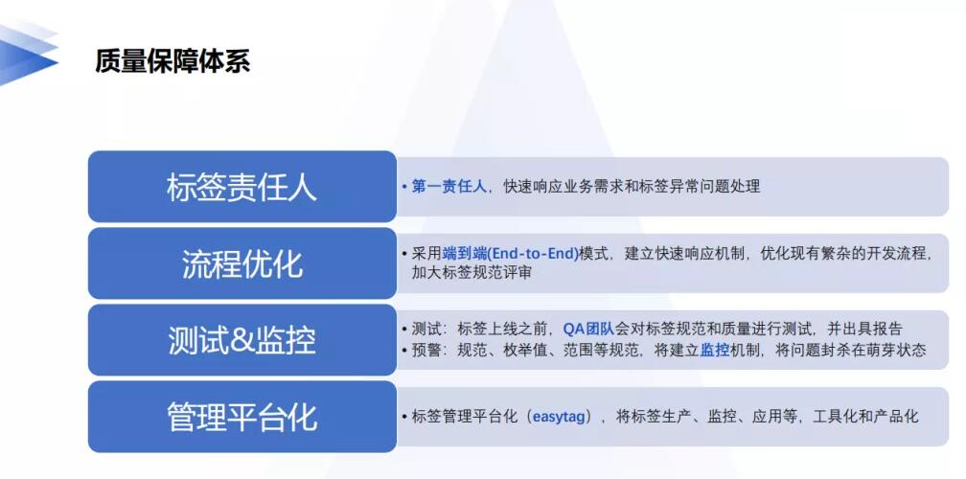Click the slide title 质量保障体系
pos(172,62)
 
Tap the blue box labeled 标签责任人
pos(242,187)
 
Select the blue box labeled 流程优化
pos(242,263)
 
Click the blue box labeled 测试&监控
pos(242,340)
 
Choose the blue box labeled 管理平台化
pos(242,417)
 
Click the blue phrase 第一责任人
pos(449,186)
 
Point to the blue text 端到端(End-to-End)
pos(511,253)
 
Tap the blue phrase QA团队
pos(588,330)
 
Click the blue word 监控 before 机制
pos(715,351)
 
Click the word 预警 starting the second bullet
pos(426,351)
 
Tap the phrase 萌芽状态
pos(896,351)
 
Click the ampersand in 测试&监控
pos(241,340)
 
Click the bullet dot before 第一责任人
pos(404,187)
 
